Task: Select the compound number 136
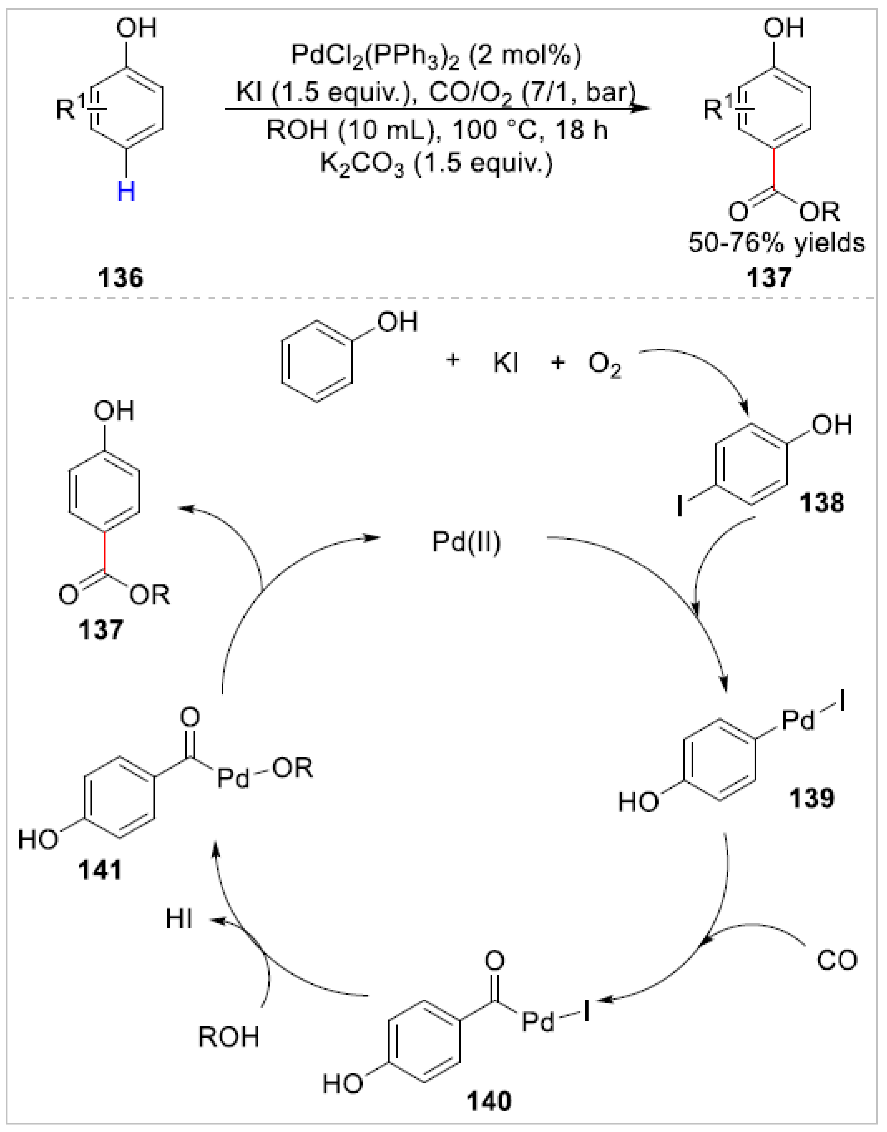pyautogui.click(x=121, y=278)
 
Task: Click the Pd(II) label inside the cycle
pyautogui.click(x=466, y=543)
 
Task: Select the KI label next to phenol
pyautogui.click(x=506, y=364)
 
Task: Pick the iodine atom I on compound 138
pyautogui.click(x=680, y=507)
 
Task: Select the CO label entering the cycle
pyautogui.click(x=837, y=961)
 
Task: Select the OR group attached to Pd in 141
pyautogui.click(x=294, y=769)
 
